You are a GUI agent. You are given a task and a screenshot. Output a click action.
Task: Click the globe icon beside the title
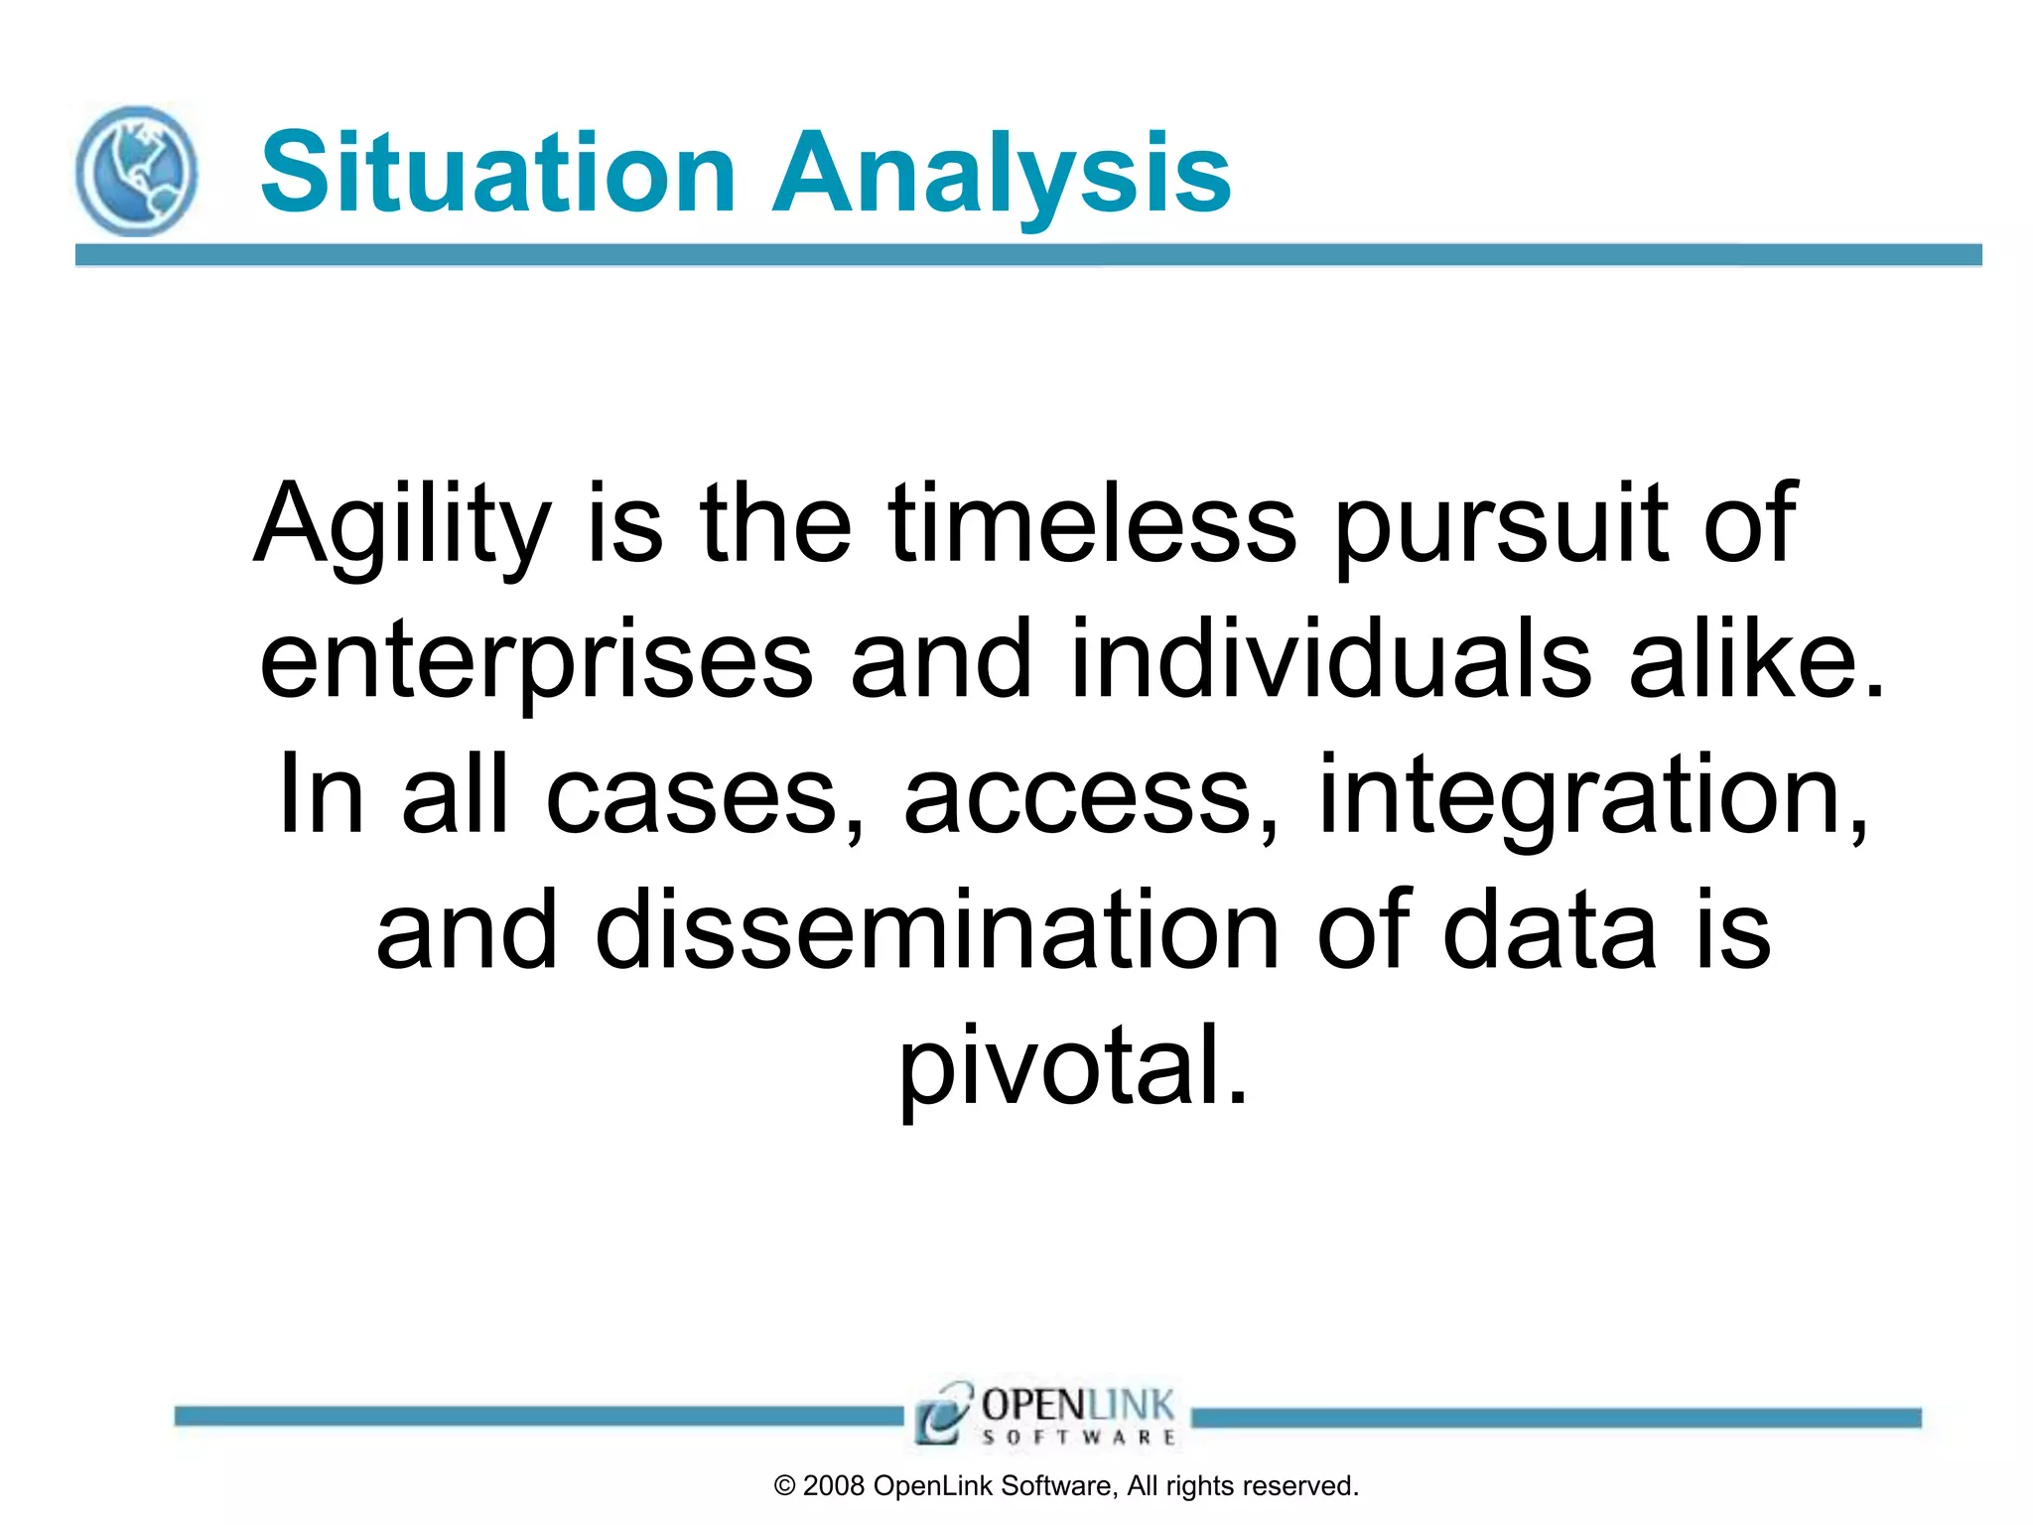coord(136,171)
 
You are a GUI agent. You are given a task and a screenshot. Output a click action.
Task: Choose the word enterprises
coord(536,660)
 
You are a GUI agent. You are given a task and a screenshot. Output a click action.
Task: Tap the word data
coord(1550,930)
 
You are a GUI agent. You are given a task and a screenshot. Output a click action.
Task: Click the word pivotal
coord(1073,1066)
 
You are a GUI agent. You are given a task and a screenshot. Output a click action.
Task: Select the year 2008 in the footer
coord(834,1486)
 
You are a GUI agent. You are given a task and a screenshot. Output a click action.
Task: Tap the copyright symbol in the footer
coord(784,1486)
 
